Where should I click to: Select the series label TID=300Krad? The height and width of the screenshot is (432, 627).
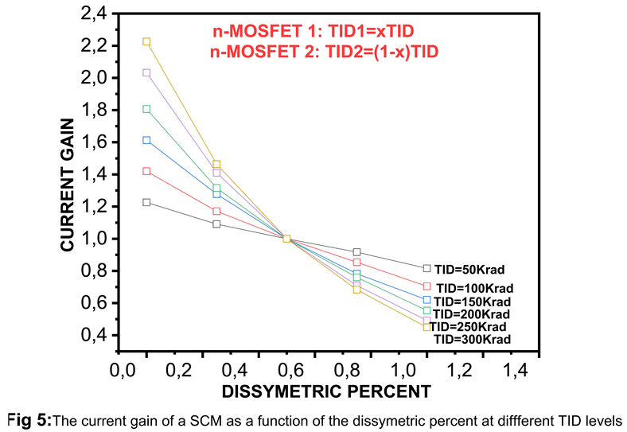pyautogui.click(x=472, y=339)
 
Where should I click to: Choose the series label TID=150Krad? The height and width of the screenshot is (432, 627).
pyautogui.click(x=472, y=302)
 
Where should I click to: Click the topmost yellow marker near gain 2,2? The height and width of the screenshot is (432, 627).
pyautogui.click(x=146, y=41)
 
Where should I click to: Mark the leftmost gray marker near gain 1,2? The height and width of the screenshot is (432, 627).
pyautogui.click(x=146, y=202)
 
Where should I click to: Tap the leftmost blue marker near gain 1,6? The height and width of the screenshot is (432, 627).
pyautogui.click(x=146, y=140)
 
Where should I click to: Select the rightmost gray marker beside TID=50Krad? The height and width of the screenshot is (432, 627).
pyautogui.click(x=426, y=268)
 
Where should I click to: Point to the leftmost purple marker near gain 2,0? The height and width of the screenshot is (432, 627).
pyautogui.click(x=146, y=72)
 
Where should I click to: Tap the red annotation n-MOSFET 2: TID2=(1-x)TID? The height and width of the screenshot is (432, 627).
pyautogui.click(x=325, y=51)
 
